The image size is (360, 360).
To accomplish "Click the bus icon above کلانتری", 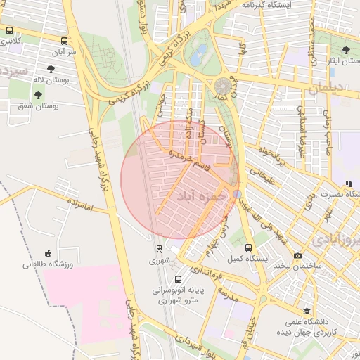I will point(9,31).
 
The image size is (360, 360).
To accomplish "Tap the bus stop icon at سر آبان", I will point(64,41).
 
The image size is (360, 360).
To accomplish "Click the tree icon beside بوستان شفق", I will point(38,95).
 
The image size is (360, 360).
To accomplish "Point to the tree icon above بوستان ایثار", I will point(346,50).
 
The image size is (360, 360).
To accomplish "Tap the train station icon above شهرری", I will point(159,248).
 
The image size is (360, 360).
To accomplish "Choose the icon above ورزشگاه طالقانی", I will point(48,253).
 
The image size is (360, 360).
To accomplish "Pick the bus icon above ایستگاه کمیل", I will point(248,247).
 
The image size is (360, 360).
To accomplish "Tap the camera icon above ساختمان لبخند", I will point(297,255).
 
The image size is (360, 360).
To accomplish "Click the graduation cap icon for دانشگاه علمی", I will point(306,311).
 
